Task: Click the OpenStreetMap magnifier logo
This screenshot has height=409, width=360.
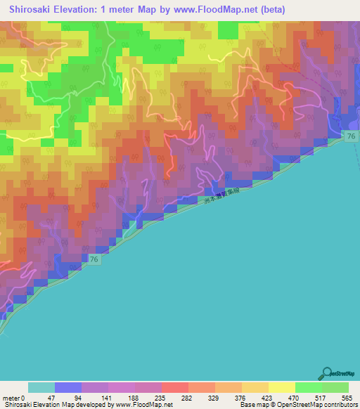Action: [328, 373]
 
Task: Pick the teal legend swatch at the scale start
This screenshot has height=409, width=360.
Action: [41, 387]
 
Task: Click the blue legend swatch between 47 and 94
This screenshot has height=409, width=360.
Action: [68, 387]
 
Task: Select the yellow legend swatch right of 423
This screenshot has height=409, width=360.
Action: [282, 387]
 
